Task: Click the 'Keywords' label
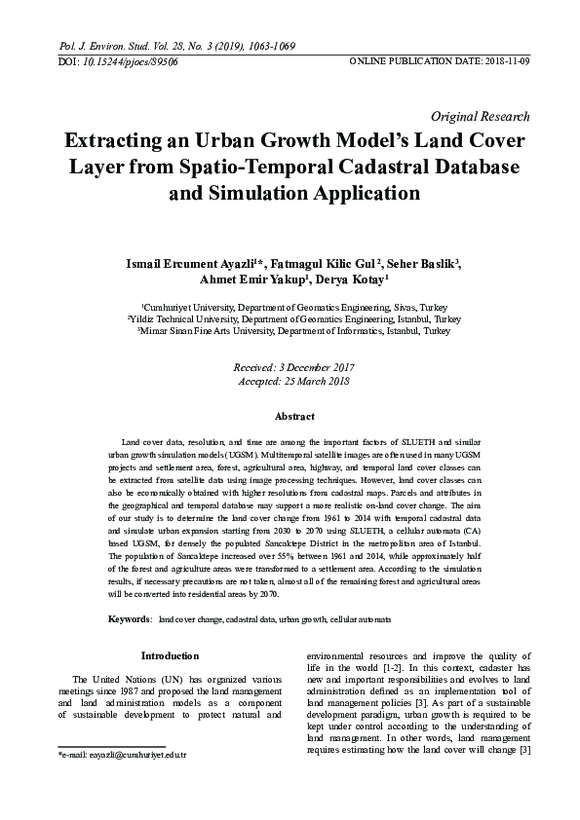[129, 619]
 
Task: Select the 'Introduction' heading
[170, 655]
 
